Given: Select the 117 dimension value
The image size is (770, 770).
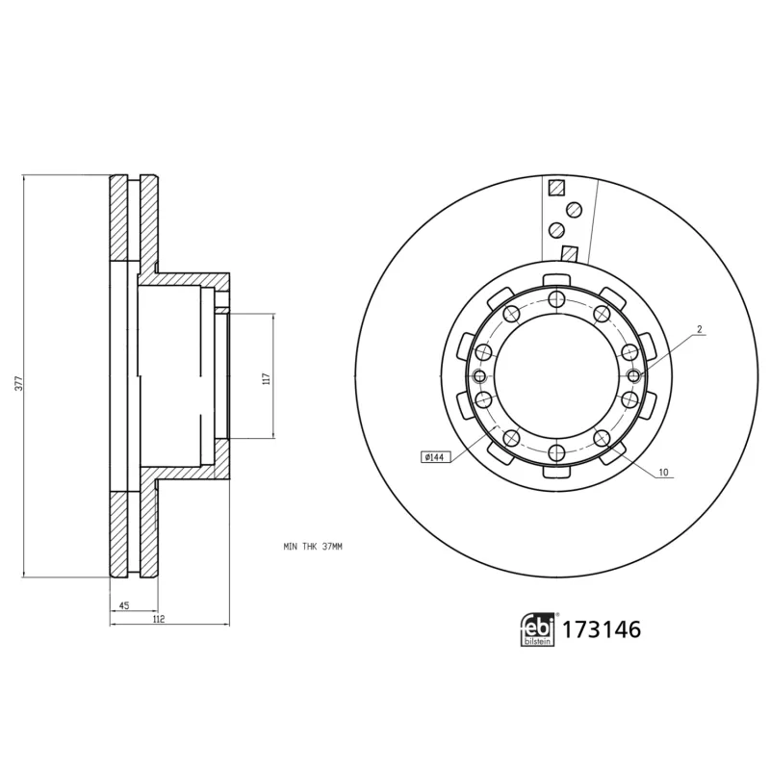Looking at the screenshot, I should pos(266,376).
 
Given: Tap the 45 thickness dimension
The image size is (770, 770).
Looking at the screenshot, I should pos(125,605).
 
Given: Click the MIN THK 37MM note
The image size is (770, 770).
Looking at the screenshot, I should pos(313,547).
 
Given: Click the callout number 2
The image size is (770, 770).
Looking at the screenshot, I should pos(700,330).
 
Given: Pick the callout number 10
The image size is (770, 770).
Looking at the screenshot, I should pos(664,474).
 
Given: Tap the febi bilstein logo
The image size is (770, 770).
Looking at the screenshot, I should pos(538,629).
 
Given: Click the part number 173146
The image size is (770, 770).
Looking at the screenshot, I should pos(602,630).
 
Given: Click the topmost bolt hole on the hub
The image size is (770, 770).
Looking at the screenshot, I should pos(555,299).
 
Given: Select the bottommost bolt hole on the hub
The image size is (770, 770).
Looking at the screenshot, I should pos(555,452).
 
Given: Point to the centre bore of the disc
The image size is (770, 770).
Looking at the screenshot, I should pos(555,376).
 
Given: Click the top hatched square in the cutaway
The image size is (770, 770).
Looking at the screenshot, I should pos(554,189).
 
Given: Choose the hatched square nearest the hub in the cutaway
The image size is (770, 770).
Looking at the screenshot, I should pos(569,255).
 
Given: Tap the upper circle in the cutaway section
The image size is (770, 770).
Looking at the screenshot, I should pos(574,209).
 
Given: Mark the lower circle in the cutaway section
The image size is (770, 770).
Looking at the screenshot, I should pos(556,230).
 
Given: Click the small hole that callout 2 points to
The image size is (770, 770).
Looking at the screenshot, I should pos(632,375).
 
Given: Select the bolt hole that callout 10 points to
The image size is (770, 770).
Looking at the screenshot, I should pos(601,440).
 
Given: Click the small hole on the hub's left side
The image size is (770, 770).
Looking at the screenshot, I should pos(479,376).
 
